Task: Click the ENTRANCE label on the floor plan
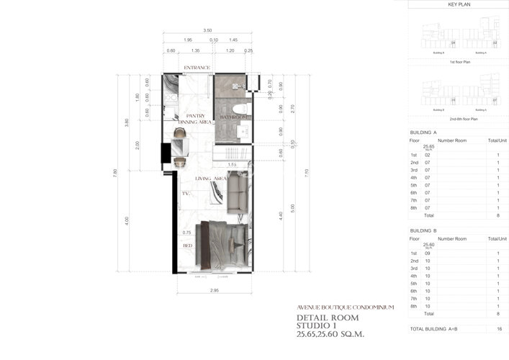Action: click(x=197, y=68)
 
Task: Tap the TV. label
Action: click(x=186, y=193)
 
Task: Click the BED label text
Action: click(x=187, y=245)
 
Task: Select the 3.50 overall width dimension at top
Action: click(x=207, y=30)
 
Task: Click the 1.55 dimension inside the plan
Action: click(x=233, y=165)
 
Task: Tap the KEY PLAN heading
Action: click(x=459, y=4)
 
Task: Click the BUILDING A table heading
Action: click(x=423, y=133)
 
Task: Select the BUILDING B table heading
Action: click(x=423, y=230)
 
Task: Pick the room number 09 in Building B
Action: click(x=427, y=253)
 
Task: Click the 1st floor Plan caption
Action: click(x=460, y=62)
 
